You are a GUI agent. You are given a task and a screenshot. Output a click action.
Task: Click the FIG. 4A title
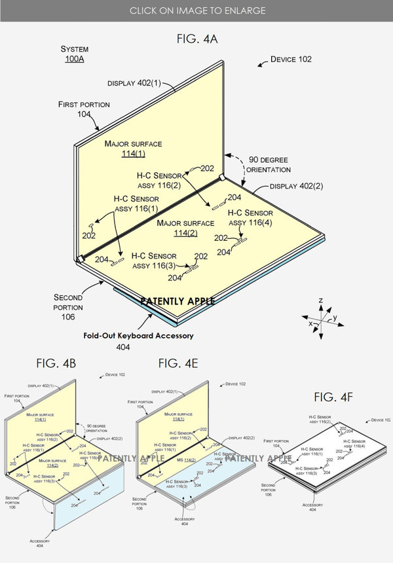coord(197,39)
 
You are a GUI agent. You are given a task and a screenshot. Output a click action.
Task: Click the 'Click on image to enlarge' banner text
coord(196,10)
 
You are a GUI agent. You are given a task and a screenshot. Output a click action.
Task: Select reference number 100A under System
coord(75,60)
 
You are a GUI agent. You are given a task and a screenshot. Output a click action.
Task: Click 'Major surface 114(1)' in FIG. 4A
coord(132,149)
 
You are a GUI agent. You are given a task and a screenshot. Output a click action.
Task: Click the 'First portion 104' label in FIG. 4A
coord(84,109)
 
